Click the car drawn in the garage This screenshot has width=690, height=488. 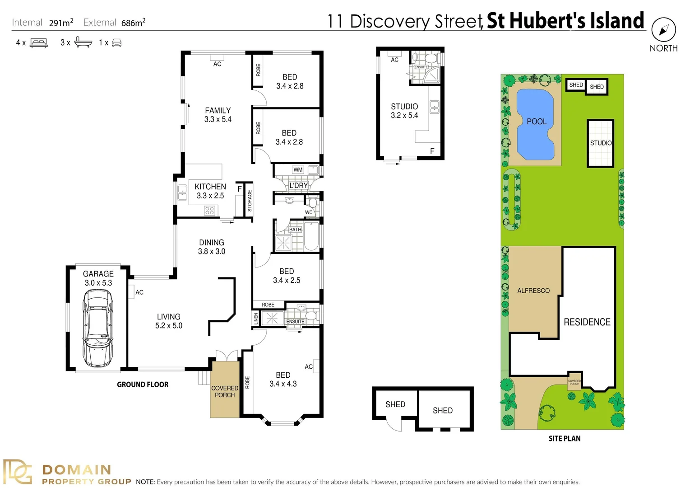98,328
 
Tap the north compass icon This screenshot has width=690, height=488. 663,30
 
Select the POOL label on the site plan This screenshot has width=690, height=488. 536,122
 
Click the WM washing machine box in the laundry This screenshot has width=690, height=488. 298,170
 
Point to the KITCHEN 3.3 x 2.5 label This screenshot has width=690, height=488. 210,191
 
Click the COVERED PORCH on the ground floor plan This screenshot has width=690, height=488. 225,391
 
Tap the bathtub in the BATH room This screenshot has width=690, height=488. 311,236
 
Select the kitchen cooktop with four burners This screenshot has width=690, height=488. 209,210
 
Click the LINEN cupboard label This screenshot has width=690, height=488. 256,319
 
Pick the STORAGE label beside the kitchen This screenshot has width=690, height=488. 250,201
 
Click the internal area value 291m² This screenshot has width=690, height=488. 61,23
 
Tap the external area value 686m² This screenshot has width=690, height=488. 133,23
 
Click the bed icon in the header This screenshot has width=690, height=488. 38,43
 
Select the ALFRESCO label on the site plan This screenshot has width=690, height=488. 533,291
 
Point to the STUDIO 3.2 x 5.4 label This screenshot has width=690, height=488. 404,111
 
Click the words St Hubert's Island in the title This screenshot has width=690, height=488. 565,21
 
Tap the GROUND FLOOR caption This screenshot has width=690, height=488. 143,385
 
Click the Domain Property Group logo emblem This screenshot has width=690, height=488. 18,472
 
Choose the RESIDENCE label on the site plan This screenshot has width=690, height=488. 587,322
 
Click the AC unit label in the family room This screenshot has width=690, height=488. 217,64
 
